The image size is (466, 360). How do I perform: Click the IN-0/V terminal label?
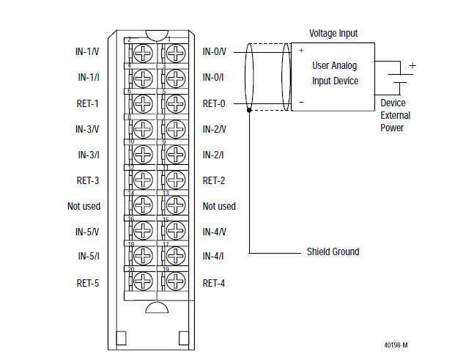pos(214,52)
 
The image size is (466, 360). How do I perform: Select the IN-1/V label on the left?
pos(88,52)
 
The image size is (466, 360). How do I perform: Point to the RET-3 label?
pos(87,180)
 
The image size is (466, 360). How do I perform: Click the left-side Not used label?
pos(84,206)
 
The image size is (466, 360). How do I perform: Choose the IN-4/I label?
pos(214,257)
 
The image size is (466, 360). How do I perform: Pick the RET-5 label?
pos(87,282)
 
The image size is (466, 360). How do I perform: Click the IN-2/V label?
pos(214,129)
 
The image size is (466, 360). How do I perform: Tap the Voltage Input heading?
pos(333,33)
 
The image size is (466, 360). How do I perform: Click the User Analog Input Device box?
pos(333,73)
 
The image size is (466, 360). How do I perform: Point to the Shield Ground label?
pos(333,252)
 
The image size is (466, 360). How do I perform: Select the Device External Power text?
pos(396,115)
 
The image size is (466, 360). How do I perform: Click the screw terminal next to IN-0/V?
pos(174,53)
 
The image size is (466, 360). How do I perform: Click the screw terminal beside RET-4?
pos(174,282)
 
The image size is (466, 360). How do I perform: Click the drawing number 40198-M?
pos(396,344)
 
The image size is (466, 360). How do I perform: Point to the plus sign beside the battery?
pos(412,66)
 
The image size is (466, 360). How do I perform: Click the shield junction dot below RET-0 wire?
pos(250,111)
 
